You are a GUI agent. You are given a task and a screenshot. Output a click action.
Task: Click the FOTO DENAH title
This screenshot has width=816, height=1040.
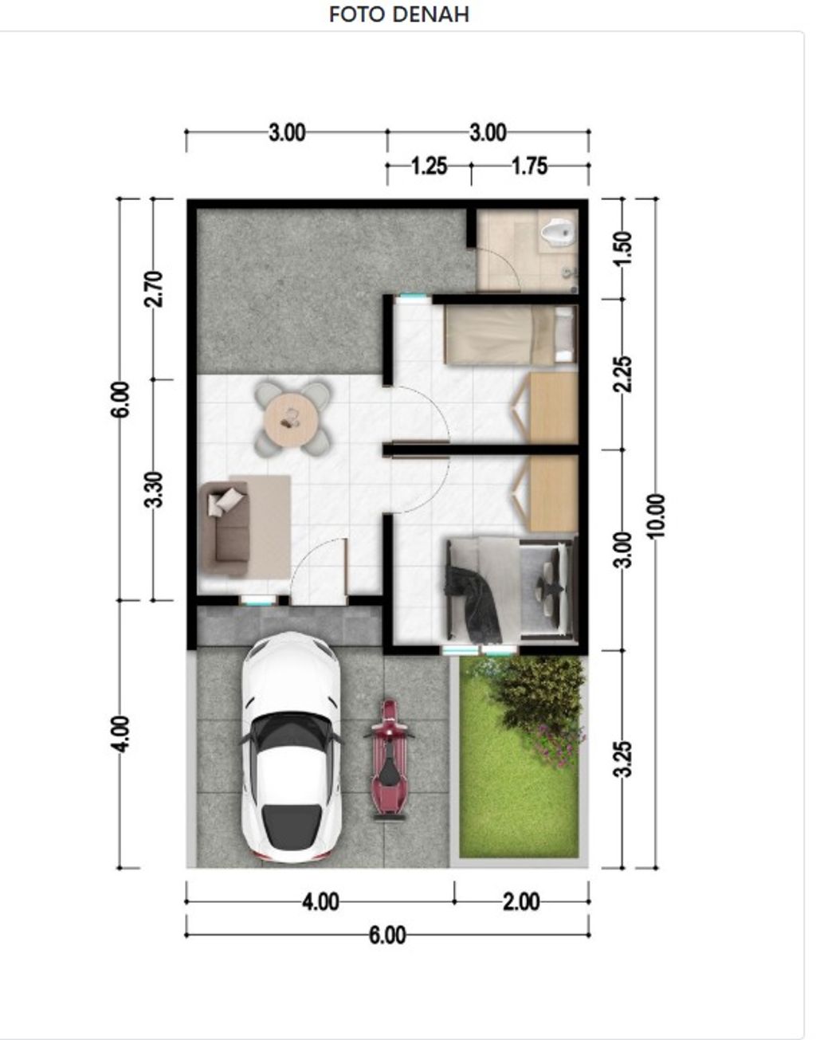[399, 15]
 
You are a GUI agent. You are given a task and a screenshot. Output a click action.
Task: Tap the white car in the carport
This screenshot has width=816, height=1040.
[292, 748]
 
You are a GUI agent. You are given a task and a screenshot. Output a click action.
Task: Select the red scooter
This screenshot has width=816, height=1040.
[390, 762]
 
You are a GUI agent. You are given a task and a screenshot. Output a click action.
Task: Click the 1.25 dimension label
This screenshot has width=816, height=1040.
[430, 167]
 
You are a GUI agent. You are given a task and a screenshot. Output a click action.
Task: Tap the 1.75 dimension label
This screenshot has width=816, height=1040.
[530, 167]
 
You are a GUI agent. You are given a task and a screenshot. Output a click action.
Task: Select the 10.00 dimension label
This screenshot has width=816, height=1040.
[656, 516]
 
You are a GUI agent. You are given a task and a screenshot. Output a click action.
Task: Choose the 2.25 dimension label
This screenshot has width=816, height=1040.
[624, 375]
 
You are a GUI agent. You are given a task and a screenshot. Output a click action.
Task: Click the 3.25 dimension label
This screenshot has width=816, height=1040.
[624, 759]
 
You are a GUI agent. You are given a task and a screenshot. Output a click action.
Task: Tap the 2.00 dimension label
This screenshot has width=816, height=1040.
[521, 902]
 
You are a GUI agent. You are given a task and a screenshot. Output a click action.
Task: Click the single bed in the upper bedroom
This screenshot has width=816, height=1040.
[510, 335]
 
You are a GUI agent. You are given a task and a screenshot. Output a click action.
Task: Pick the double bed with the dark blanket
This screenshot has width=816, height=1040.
[511, 589]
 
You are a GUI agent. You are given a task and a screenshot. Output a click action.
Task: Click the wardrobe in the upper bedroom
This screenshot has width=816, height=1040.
[553, 408]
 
